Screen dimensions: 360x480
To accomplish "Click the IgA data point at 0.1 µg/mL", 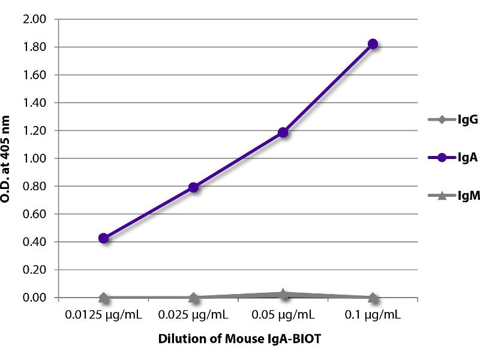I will pyautogui.click(x=373, y=44).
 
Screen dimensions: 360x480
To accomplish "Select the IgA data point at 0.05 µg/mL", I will pyautogui.click(x=283, y=132).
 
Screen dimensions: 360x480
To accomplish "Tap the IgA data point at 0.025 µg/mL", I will pyautogui.click(x=193, y=187).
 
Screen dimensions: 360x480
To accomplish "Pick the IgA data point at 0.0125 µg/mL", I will pyautogui.click(x=104, y=238).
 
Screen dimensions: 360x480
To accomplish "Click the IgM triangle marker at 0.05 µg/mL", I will pyautogui.click(x=283, y=294).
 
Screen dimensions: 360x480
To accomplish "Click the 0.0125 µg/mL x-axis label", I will pyautogui.click(x=104, y=314).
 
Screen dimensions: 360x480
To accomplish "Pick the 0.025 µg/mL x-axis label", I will pyautogui.click(x=193, y=314).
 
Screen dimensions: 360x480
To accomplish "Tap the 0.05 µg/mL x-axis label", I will pyautogui.click(x=283, y=314).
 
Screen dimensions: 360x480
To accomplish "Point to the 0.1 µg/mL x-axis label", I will pyautogui.click(x=373, y=314).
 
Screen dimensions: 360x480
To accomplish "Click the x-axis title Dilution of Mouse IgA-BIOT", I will pyautogui.click(x=239, y=339).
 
